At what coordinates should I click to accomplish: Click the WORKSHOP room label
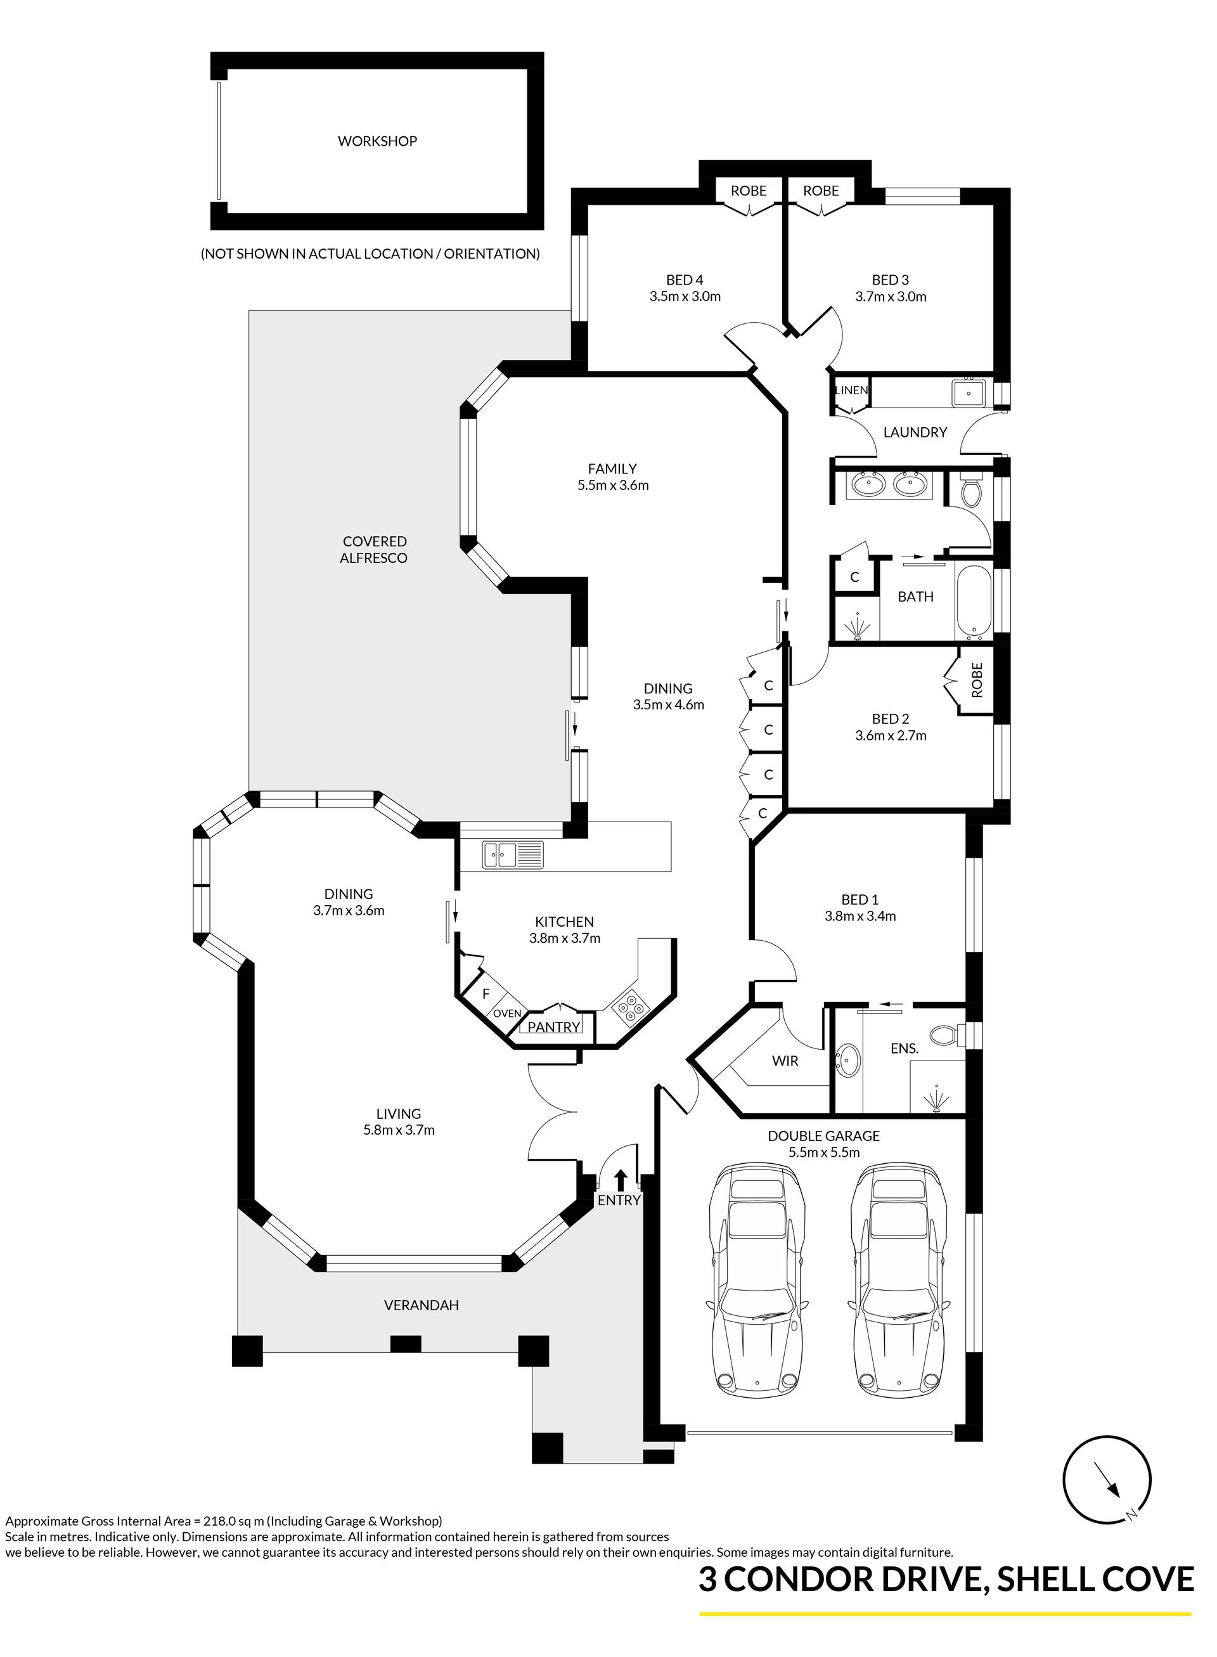tap(377, 141)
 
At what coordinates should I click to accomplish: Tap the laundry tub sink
tap(968, 393)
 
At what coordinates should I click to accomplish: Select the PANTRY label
tap(554, 1027)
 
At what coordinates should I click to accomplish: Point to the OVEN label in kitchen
tap(507, 1014)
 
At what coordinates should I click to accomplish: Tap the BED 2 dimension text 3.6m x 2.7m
tap(891, 735)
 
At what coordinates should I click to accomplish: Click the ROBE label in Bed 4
tap(749, 191)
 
